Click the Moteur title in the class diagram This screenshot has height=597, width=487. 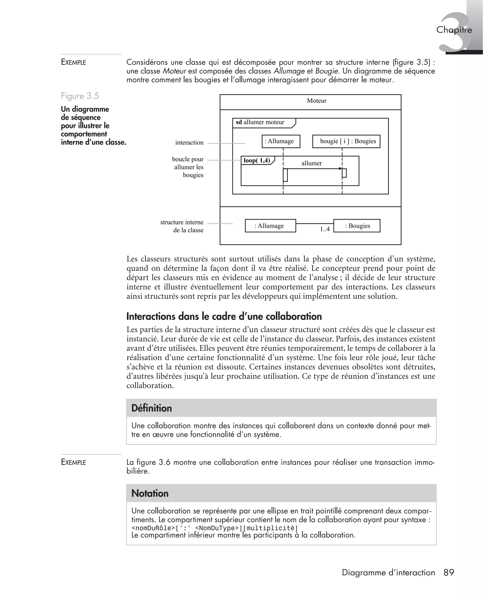click(317, 101)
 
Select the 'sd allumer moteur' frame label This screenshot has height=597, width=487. click(260, 122)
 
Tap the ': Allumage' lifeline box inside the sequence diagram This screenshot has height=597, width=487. click(281, 141)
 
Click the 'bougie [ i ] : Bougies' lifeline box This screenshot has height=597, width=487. click(346, 141)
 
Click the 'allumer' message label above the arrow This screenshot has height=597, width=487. click(311, 163)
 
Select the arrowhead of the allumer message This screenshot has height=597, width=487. click(340, 169)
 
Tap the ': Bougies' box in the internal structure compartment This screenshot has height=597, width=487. click(357, 226)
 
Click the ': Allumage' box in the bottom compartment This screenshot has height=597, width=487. click(270, 226)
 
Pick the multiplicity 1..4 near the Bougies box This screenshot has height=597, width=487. click(325, 229)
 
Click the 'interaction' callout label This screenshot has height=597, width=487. click(189, 142)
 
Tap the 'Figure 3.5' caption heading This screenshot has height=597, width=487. click(80, 96)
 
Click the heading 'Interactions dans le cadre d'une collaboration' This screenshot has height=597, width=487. click(224, 316)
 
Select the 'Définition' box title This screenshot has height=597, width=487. click(151, 408)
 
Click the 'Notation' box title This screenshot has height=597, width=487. click(150, 493)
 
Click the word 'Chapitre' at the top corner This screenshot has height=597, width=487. click(454, 30)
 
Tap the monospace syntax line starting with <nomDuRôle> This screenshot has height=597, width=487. click(214, 528)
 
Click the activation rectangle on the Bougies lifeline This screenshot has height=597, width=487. click(345, 173)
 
